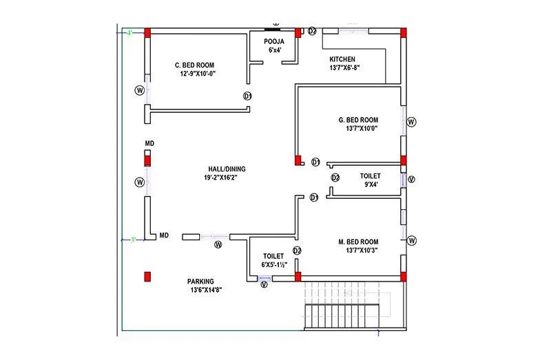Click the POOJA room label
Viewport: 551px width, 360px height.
coord(273,41)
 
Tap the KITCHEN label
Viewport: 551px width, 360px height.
coord(342,59)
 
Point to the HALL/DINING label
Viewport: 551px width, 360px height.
coord(227,169)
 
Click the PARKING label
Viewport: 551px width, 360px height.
coord(200,281)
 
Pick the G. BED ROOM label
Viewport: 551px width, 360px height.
coord(358,120)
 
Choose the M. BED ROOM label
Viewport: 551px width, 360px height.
coord(358,242)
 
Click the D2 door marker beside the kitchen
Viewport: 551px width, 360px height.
coord(312,32)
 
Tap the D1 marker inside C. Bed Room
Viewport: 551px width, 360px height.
coord(247,96)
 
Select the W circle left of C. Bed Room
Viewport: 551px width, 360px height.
coord(140,90)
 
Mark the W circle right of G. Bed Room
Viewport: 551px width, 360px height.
coord(411,122)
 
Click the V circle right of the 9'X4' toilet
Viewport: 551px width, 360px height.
coord(411,180)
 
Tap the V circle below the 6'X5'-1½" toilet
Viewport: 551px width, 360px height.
coord(264,284)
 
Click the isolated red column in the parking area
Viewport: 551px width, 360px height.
coord(147,277)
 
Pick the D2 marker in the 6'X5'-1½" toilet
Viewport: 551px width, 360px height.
coord(298,251)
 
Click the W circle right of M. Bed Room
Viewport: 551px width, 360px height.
coord(411,240)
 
